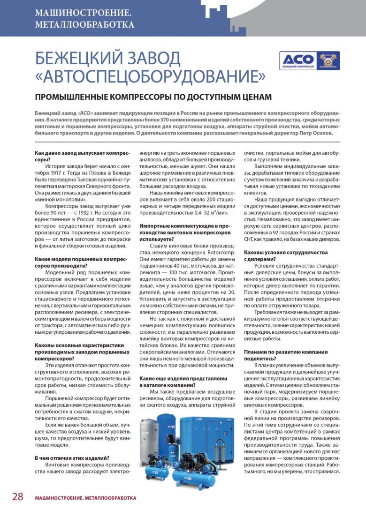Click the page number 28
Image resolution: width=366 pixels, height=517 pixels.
pyautogui.click(x=17, y=497)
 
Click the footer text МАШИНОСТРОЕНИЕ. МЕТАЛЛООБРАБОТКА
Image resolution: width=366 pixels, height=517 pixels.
pyautogui.click(x=85, y=498)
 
